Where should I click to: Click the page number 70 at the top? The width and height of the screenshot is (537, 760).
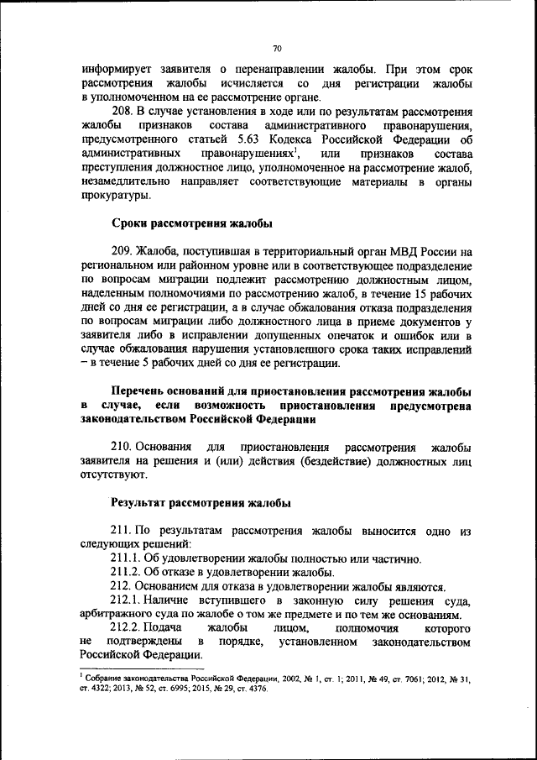pos(277,48)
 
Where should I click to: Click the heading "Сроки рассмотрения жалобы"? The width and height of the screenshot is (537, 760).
pos(192,223)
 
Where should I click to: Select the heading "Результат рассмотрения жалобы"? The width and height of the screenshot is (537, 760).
pos(201,503)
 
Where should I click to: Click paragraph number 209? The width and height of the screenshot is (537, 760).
pos(124,251)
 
